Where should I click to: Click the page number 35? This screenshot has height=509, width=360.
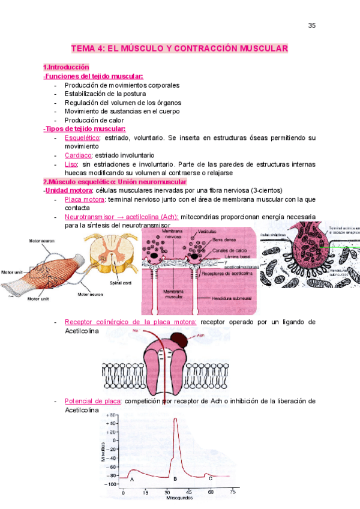(x=311, y=25)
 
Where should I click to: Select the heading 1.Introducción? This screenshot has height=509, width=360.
(x=66, y=67)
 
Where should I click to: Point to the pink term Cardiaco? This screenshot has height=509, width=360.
(x=78, y=155)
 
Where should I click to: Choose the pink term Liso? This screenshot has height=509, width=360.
(x=71, y=164)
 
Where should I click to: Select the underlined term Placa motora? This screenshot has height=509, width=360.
(x=83, y=199)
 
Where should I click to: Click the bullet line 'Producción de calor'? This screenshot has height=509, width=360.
(x=95, y=119)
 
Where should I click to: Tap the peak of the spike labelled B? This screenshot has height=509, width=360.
(x=176, y=419)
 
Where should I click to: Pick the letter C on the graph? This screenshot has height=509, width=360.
(x=210, y=478)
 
